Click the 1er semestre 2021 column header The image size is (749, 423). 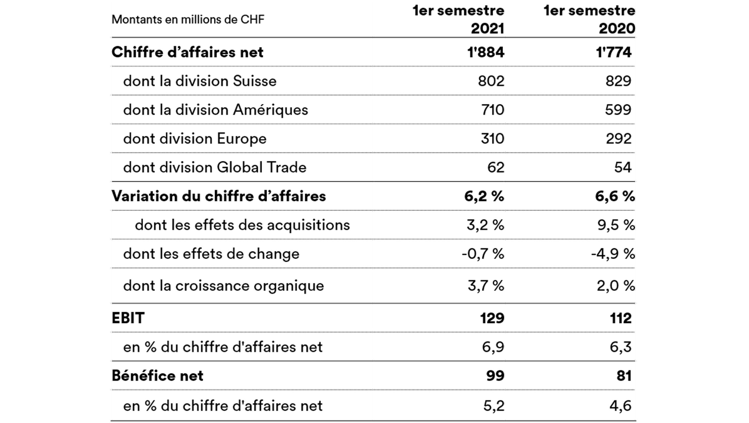pyautogui.click(x=459, y=19)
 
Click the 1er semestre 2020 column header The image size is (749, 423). pyautogui.click(x=590, y=19)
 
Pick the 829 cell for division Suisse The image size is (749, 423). pyautogui.click(x=618, y=81)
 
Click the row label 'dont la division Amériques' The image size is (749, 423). pyautogui.click(x=215, y=110)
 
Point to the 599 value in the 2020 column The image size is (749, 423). pyautogui.click(x=618, y=110)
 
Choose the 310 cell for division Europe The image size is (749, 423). pyautogui.click(x=492, y=139)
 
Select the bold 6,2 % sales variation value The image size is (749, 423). pyautogui.click(x=484, y=196)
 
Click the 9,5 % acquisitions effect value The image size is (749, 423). pyautogui.click(x=616, y=225)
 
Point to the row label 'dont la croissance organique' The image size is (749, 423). pyautogui.click(x=223, y=286)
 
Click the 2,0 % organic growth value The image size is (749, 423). pyautogui.click(x=616, y=286)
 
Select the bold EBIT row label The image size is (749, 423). pyautogui.click(x=128, y=318)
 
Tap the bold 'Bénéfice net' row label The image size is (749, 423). pyautogui.click(x=157, y=376)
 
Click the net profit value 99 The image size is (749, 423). pyautogui.click(x=495, y=376)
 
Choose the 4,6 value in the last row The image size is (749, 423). pyautogui.click(x=620, y=406)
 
